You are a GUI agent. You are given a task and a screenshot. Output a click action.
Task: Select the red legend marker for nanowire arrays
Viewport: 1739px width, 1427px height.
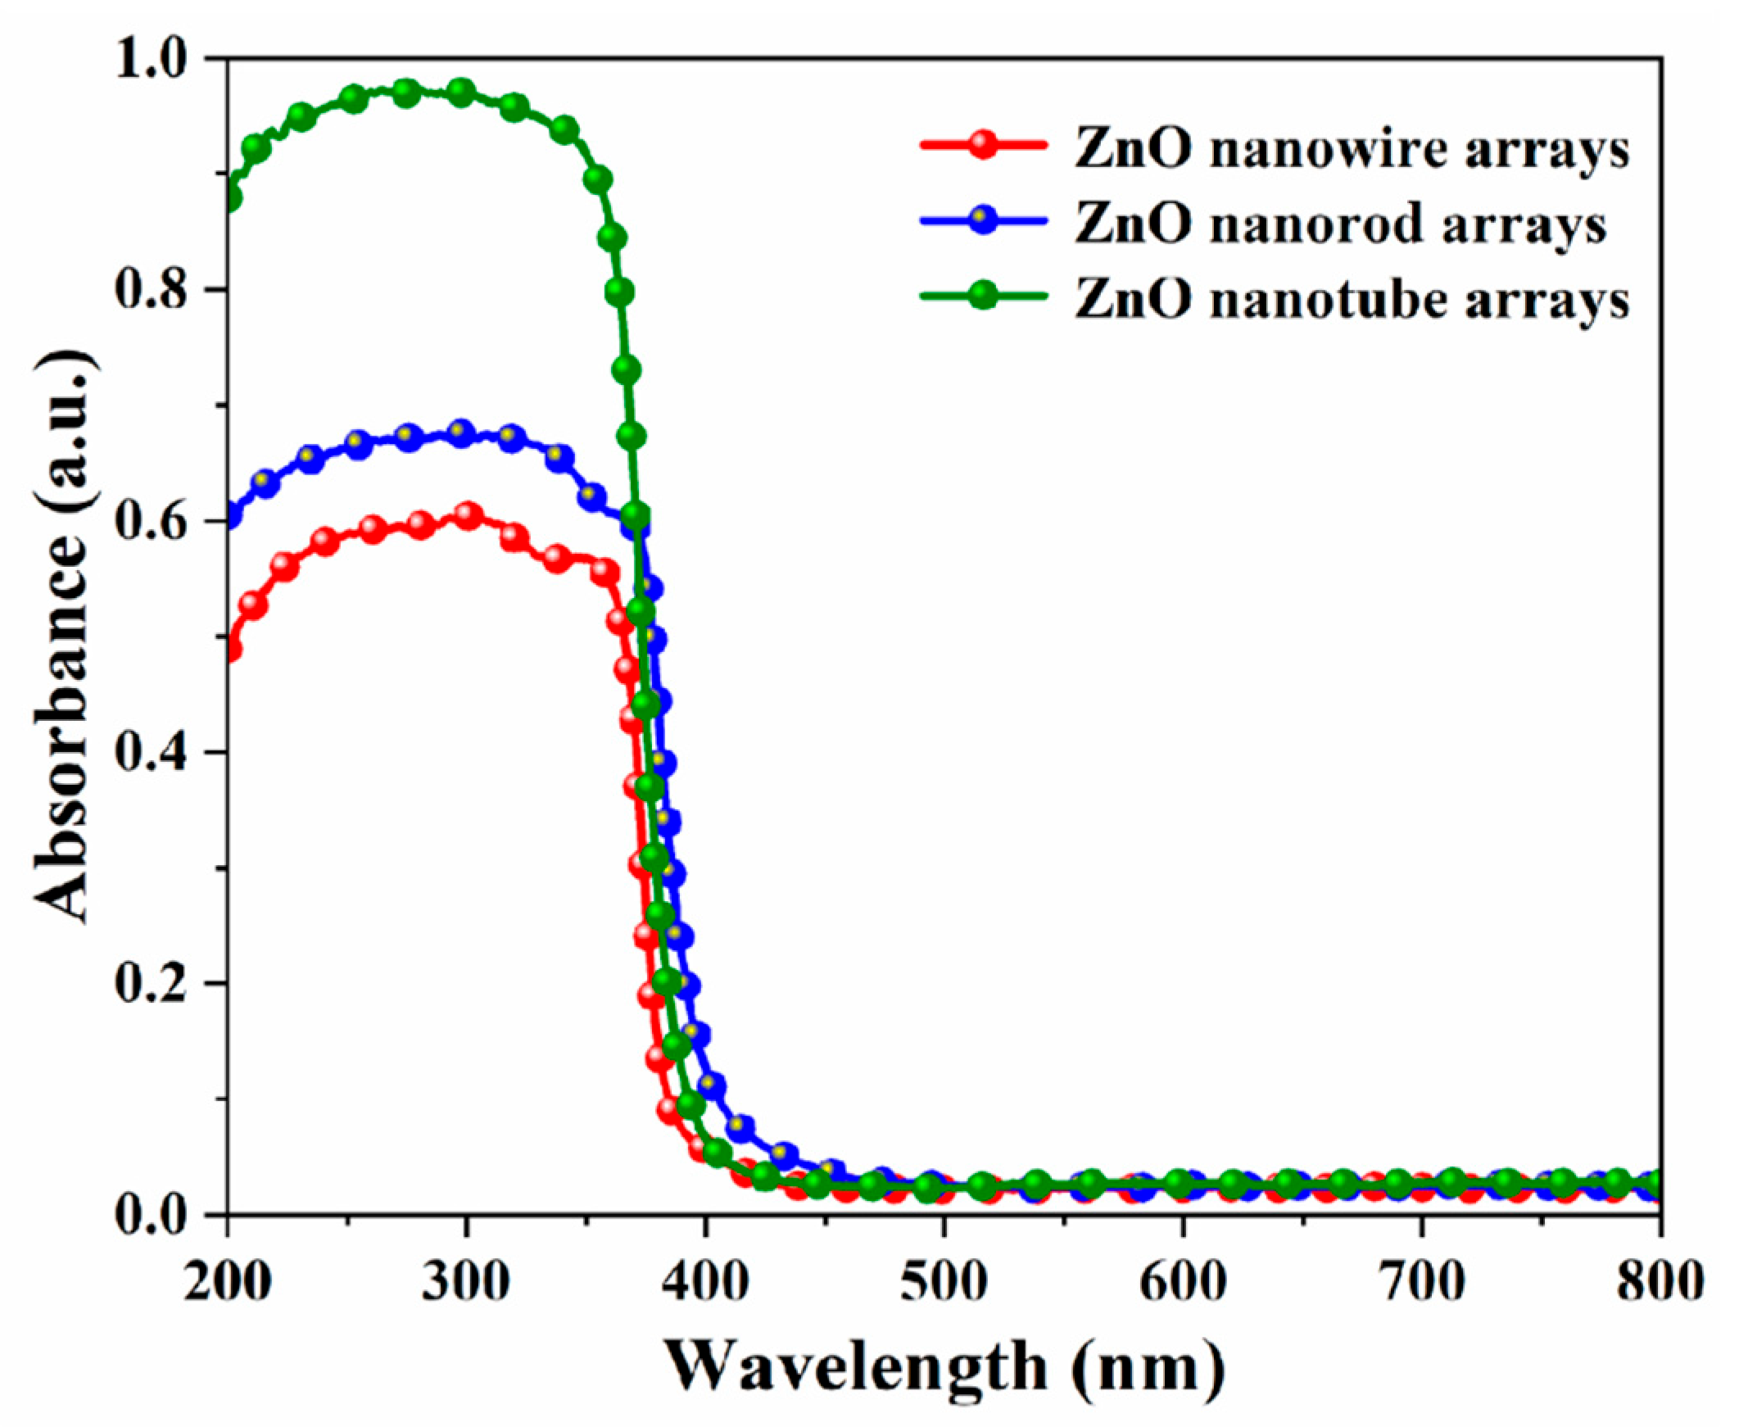pyautogui.click(x=983, y=147)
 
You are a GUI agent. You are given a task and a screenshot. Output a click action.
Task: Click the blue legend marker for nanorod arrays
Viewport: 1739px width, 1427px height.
pyautogui.click(x=983, y=221)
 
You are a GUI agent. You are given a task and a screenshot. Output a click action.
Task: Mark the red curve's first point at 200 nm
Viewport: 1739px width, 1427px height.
pyautogui.click(x=230, y=650)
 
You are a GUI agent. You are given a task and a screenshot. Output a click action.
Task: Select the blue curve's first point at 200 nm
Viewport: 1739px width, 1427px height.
pyautogui.click(x=230, y=516)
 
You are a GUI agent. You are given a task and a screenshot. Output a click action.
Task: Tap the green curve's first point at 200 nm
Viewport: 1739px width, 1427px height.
pyautogui.click(x=230, y=197)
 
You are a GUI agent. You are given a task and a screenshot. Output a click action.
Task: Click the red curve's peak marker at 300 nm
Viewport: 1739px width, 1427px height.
pyautogui.click(x=468, y=516)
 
